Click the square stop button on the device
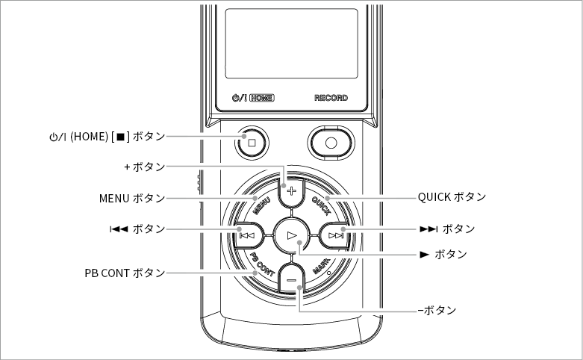252,143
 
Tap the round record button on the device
331,143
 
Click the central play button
292,235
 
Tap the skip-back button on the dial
248,235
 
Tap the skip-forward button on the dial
335,235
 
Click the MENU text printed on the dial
261,206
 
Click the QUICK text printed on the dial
321,206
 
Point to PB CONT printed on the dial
263,264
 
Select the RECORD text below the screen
331,98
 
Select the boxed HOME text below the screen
262,98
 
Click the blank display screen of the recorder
291,43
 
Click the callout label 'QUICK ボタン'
452,196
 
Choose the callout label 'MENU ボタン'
132,198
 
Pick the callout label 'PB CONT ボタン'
125,273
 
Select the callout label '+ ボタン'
145,167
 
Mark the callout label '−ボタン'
437,310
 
